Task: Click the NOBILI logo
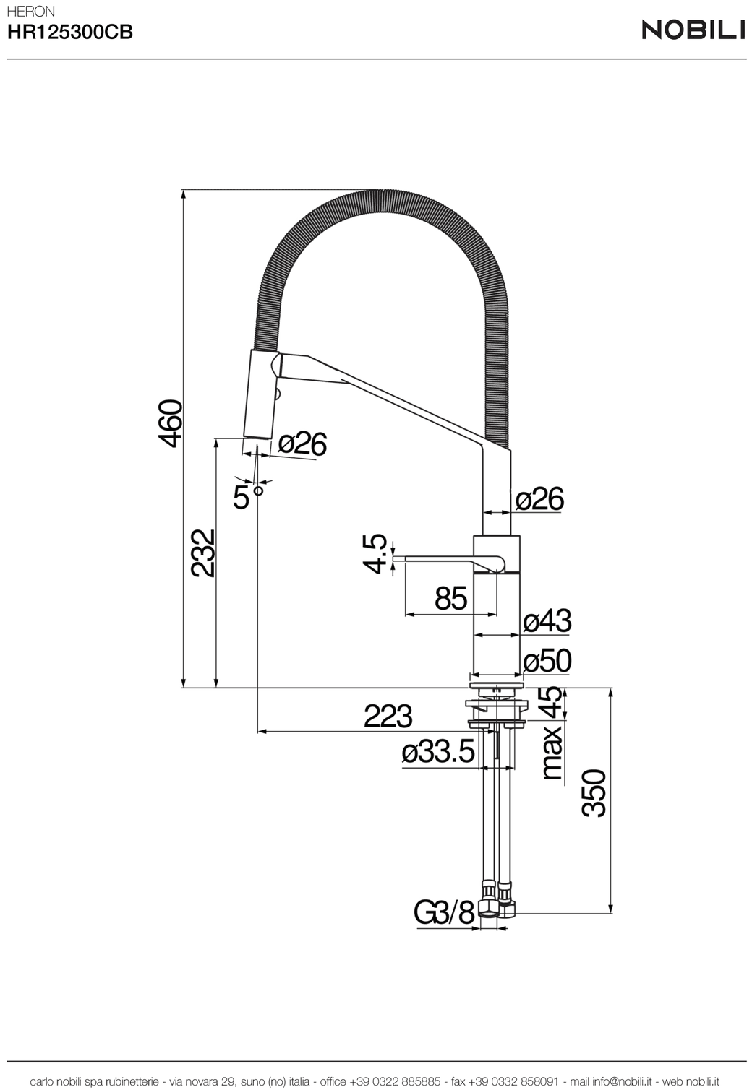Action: pyautogui.click(x=693, y=30)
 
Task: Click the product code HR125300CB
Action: pyautogui.click(x=69, y=32)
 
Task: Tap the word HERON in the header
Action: pyautogui.click(x=30, y=12)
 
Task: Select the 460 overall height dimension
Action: pyautogui.click(x=170, y=423)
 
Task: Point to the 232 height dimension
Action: pyautogui.click(x=202, y=553)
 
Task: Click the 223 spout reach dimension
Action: pyautogui.click(x=388, y=717)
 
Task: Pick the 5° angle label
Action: pyautogui.click(x=248, y=496)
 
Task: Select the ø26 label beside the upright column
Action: pyautogui.click(x=539, y=498)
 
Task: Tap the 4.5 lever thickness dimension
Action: pyautogui.click(x=376, y=554)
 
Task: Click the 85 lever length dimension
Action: pyautogui.click(x=450, y=598)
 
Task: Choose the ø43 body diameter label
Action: pyautogui.click(x=547, y=620)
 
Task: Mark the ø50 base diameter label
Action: pyautogui.click(x=547, y=661)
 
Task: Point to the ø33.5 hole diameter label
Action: pyautogui.click(x=438, y=752)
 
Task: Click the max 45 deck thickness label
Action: pyautogui.click(x=552, y=733)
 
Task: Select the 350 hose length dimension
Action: pyautogui.click(x=594, y=793)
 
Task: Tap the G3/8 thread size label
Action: pyautogui.click(x=443, y=913)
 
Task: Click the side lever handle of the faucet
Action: pyautogui.click(x=448, y=562)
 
